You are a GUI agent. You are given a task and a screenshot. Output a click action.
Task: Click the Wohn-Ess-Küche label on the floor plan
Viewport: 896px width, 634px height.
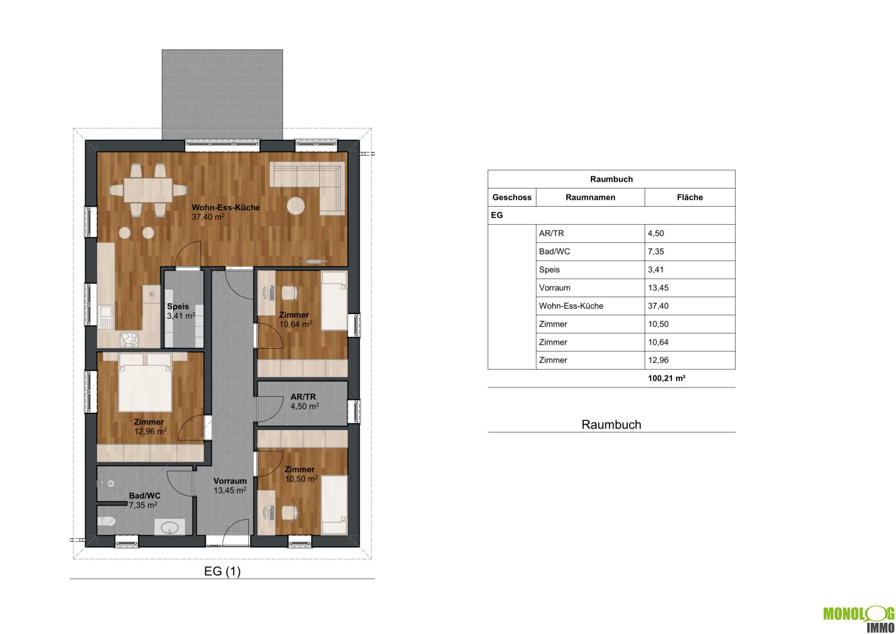tap(225, 207)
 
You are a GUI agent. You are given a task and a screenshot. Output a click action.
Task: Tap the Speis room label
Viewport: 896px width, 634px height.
tap(178, 306)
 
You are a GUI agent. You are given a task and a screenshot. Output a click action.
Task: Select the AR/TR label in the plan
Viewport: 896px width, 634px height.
tap(303, 397)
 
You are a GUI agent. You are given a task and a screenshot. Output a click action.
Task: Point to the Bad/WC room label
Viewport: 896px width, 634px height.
tap(144, 495)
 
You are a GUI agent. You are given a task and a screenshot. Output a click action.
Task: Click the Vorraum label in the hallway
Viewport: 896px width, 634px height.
tap(230, 481)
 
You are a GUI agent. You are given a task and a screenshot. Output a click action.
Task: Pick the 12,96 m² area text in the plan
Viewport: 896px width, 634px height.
tap(150, 431)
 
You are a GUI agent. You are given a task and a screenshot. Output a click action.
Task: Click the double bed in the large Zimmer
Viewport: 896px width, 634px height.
tap(145, 382)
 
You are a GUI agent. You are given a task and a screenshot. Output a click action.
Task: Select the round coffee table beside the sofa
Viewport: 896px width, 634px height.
tap(296, 206)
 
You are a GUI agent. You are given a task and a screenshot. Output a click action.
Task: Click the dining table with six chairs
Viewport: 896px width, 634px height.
tap(148, 190)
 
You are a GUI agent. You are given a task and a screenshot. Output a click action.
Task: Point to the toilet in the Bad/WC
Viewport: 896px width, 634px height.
tap(106, 521)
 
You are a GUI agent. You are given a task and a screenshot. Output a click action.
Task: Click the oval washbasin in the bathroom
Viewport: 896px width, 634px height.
tap(170, 528)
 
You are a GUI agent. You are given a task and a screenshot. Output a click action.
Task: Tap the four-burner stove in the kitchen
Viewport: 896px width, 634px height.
tap(129, 340)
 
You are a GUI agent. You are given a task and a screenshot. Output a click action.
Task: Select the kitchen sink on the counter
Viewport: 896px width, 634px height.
tap(106, 317)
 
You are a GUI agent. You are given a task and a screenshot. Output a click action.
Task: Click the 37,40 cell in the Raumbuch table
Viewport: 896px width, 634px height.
tap(658, 306)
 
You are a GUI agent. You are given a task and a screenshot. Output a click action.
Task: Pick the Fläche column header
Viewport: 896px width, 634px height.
tap(690, 197)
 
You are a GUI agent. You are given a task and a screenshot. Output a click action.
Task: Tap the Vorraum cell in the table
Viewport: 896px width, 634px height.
tap(555, 288)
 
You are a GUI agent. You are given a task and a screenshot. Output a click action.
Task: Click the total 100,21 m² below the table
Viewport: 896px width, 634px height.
tap(667, 378)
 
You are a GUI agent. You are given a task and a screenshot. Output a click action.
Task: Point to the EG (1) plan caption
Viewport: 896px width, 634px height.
tap(222, 571)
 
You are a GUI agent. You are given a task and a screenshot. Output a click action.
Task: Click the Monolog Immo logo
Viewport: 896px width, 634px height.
tap(858, 619)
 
